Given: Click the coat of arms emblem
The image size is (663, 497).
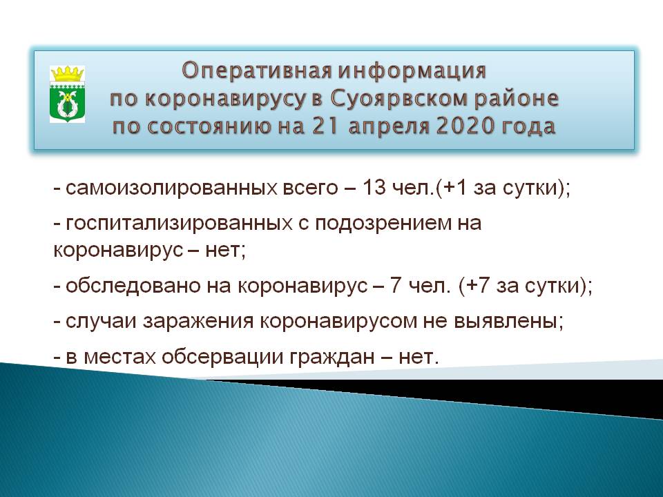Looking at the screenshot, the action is click(x=67, y=94).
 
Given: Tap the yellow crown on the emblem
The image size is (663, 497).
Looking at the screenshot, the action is click(x=67, y=74).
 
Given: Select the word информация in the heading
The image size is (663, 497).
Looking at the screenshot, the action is click(x=412, y=70).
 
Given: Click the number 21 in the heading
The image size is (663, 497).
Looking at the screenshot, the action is click(x=325, y=126).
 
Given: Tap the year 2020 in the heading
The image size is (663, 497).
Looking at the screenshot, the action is click(x=465, y=126).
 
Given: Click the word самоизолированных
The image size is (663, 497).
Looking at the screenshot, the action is click(x=172, y=188).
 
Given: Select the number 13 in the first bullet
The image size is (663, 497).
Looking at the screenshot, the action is click(x=374, y=188).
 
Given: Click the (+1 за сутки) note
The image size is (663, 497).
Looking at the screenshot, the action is click(x=503, y=188).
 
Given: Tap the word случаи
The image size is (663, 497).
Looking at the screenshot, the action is click(x=101, y=321).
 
